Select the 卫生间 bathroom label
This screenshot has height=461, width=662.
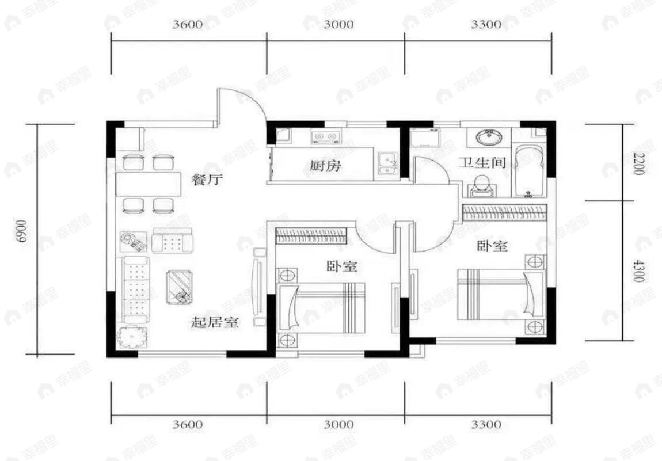click(482, 163)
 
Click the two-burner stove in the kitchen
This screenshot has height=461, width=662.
click(326, 138)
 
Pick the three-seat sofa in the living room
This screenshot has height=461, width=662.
click(136, 291)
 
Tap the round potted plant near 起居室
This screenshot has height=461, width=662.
click(133, 336)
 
